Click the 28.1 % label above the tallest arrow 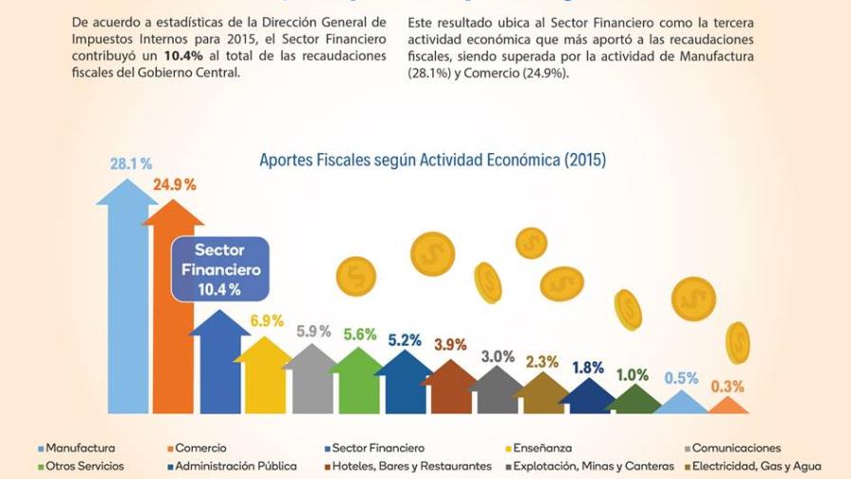click(131, 163)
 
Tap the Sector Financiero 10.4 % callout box click(219, 269)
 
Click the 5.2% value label click(405, 339)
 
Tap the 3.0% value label click(498, 356)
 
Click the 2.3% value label click(541, 362)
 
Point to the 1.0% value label click(632, 374)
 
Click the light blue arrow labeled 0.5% click(681, 403)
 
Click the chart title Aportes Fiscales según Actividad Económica click(432, 160)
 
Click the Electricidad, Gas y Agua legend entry click(759, 467)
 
